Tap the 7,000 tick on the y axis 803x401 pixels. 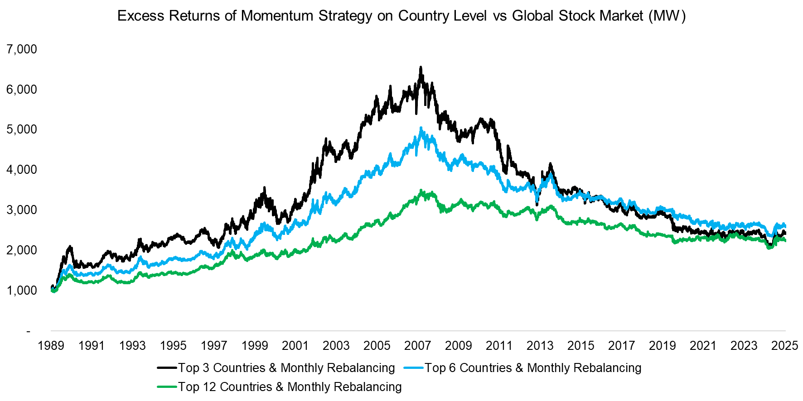[x=22, y=49]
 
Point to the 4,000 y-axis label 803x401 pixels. [x=22, y=170]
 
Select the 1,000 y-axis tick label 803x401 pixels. [x=22, y=291]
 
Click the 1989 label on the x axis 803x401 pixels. [x=51, y=346]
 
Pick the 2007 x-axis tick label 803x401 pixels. [x=417, y=346]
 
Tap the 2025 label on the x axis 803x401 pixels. [x=784, y=346]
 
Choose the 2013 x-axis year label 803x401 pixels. [x=540, y=346]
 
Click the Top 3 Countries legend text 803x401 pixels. [x=286, y=368]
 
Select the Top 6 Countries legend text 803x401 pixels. [x=533, y=368]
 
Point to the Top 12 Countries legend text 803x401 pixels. [x=290, y=387]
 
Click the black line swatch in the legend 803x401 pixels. [x=167, y=368]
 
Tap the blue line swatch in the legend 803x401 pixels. [x=413, y=368]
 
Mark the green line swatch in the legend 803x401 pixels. [x=167, y=387]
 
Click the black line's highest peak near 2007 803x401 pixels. [x=421, y=67]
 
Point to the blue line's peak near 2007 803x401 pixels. [x=421, y=128]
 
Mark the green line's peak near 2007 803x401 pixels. [x=421, y=191]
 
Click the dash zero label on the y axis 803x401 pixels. [x=28, y=331]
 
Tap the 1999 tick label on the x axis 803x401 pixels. [x=255, y=346]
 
